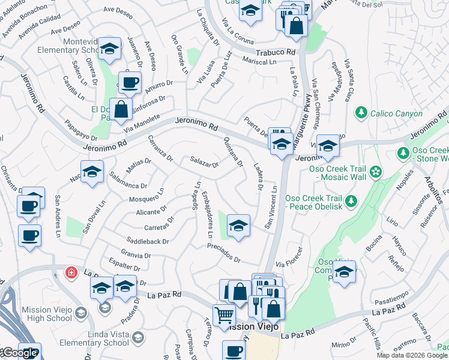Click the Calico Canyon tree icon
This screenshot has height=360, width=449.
(361, 112)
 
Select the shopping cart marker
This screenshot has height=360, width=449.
(224, 314)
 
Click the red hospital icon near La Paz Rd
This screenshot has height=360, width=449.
(71, 273)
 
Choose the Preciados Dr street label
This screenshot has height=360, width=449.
(223, 253)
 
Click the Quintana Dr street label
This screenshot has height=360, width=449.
(233, 151)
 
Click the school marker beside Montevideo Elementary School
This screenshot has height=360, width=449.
(109, 49)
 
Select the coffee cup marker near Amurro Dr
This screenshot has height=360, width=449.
(129, 83)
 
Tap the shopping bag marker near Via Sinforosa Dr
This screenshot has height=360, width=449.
(121, 109)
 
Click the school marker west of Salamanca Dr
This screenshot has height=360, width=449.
(92, 172)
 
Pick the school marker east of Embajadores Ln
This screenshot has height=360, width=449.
(238, 226)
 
